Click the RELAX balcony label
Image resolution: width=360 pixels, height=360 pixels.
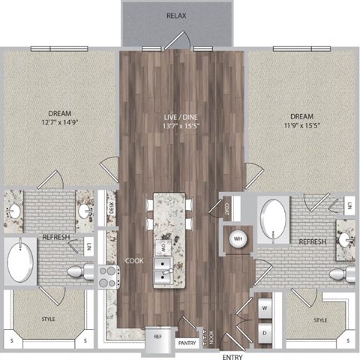point(177,16)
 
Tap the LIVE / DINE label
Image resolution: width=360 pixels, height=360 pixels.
point(180,117)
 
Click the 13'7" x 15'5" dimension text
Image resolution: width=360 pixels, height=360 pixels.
point(180,126)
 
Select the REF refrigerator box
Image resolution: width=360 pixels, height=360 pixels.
point(157,337)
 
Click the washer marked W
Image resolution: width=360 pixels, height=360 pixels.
point(265,307)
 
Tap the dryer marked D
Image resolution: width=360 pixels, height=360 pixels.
point(265,330)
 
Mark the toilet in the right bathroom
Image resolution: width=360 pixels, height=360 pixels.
point(343,272)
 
